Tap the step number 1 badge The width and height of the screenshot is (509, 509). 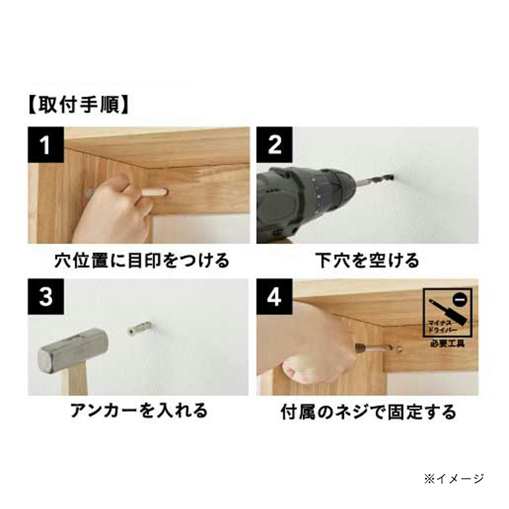tap(45, 145)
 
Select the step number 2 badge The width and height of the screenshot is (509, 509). tap(274, 145)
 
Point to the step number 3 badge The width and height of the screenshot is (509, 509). tap(45, 297)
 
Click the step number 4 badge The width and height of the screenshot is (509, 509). tap(274, 297)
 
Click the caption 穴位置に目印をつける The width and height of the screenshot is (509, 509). tap(142, 261)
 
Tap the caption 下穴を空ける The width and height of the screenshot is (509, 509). tap(367, 261)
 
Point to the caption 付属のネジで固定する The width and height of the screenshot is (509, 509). tap(369, 412)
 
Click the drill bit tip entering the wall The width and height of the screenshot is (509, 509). tap(392, 178)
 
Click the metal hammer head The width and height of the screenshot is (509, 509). tap(73, 350)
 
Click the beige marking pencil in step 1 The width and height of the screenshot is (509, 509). tap(154, 192)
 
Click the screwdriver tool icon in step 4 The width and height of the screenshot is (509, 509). tap(447, 312)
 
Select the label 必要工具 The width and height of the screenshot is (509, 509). tap(447, 343)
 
